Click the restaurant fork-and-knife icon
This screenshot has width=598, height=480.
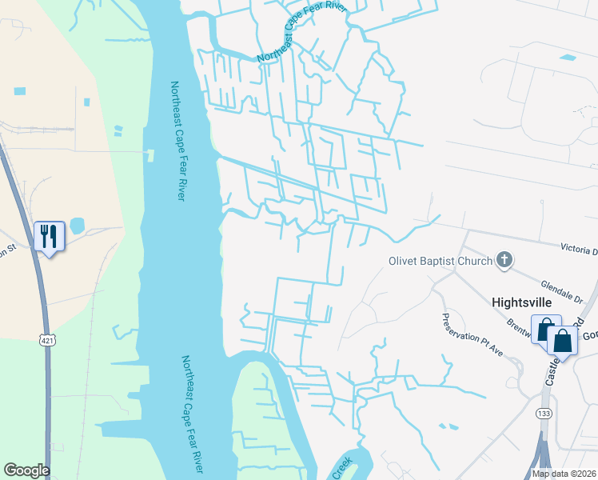[x=49, y=236]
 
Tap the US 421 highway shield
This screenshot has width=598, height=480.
[x=47, y=341]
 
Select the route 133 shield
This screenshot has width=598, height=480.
[x=544, y=414]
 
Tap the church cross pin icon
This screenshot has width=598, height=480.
[x=504, y=259]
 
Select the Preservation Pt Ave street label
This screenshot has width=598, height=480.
[x=472, y=336]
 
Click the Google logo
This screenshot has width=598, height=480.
[x=26, y=470]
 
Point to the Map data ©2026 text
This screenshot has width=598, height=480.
[x=564, y=474]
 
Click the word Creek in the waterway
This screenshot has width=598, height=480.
[x=341, y=472]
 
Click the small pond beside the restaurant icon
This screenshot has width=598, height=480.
[x=78, y=226]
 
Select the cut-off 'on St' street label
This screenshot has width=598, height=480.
[x=8, y=250]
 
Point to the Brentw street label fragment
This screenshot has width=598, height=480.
[x=520, y=328]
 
